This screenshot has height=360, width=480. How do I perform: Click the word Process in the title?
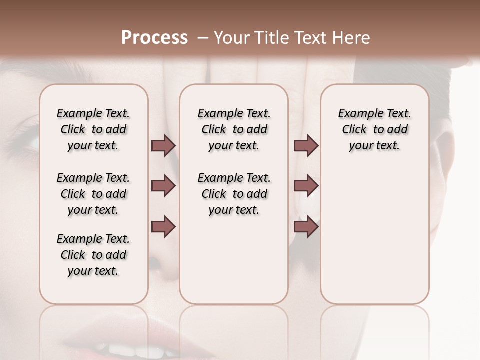point(154,38)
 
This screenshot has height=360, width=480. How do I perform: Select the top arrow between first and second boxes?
point(163,146)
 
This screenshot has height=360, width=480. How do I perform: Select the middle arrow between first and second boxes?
point(163,186)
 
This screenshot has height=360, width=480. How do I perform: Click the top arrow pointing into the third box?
point(306,146)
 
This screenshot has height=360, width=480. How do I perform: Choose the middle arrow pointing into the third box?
point(306,186)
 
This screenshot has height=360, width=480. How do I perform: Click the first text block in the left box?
point(93,129)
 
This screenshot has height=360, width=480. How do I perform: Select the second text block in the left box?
point(93,194)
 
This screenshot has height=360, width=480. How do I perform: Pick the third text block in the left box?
point(93,255)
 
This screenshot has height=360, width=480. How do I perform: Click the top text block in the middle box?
point(234,129)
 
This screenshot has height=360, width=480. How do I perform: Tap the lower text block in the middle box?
point(234,194)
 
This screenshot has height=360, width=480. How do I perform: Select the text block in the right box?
point(374,129)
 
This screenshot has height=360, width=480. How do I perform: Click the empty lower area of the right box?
point(374,240)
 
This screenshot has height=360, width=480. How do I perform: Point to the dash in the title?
point(202,38)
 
